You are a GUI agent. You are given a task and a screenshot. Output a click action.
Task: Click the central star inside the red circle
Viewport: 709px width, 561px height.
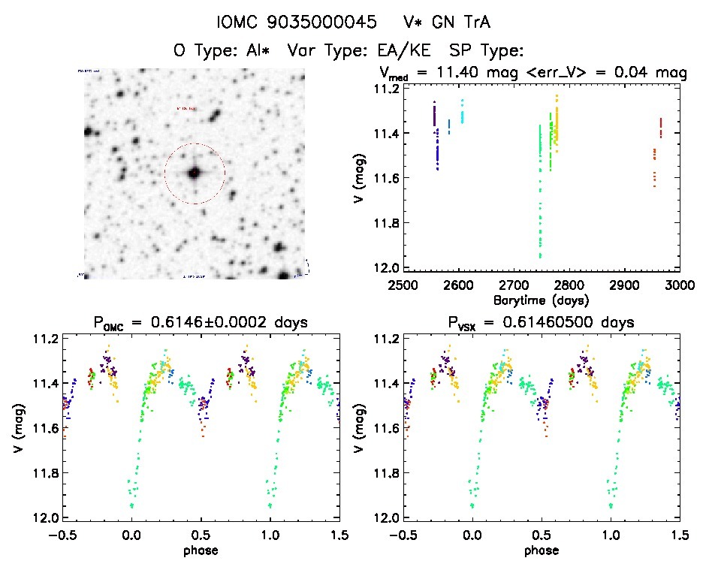pos(194,173)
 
